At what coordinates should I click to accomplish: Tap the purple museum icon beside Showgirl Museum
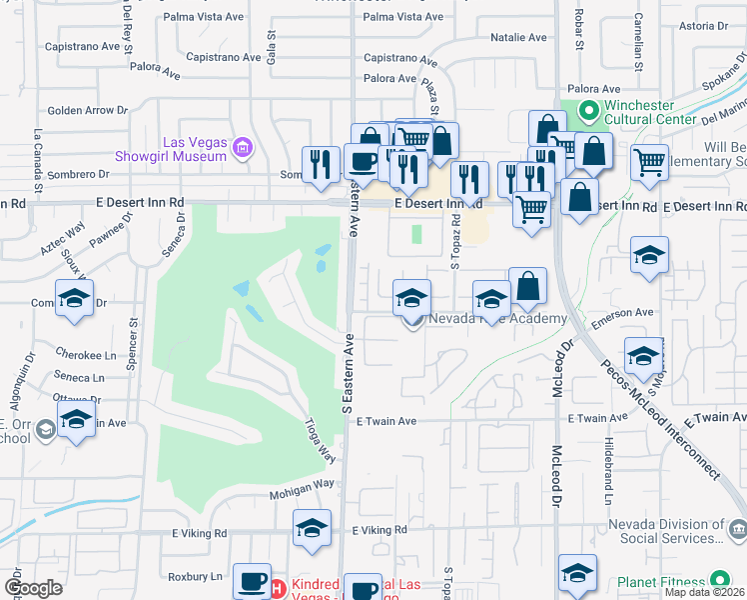tap(240, 149)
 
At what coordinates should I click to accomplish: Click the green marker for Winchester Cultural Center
tap(588, 110)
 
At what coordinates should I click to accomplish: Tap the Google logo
tap(33, 587)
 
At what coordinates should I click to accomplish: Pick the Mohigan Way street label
tap(301, 483)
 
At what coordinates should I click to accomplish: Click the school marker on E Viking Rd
tap(312, 530)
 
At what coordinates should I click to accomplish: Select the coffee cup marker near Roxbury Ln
tap(252, 581)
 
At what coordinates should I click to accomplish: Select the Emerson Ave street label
tap(622, 313)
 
